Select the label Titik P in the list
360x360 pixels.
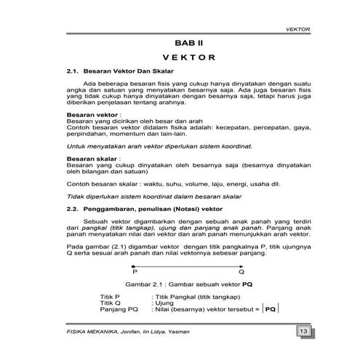coord(110,297)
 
